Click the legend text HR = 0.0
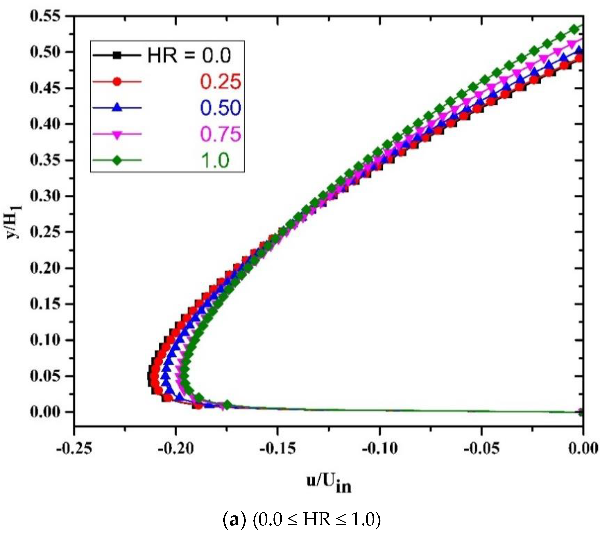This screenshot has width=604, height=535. (189, 55)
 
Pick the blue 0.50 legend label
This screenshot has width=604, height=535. (221, 108)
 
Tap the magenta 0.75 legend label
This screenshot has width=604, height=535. (221, 134)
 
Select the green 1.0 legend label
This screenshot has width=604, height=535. (215, 161)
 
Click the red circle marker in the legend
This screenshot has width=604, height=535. (117, 81)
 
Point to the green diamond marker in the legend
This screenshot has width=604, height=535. (117, 161)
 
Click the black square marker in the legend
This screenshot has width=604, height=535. (117, 55)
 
